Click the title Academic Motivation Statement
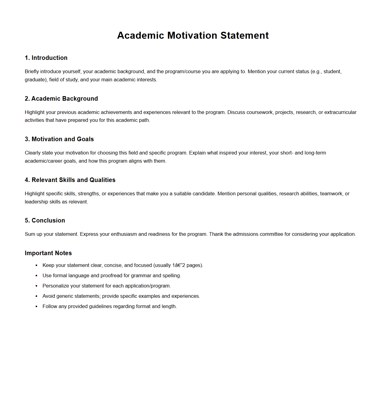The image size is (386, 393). (x=193, y=35)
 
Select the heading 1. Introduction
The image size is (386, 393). (x=46, y=58)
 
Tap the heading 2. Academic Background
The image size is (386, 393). (x=61, y=99)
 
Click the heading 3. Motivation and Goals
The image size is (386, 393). (x=59, y=139)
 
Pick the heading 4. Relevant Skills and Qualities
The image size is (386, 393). (x=70, y=180)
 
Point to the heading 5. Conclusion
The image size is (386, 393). (x=45, y=220)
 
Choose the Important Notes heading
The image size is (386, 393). (x=48, y=253)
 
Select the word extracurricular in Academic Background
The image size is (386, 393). (x=340, y=112)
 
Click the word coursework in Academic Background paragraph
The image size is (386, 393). (x=259, y=112)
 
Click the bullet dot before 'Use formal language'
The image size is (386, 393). (x=37, y=276)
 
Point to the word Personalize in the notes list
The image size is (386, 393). (x=56, y=286)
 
